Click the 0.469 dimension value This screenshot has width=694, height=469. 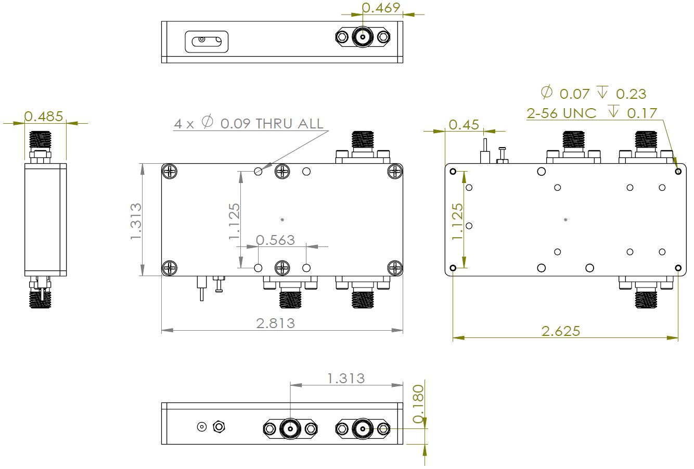[x=381, y=8]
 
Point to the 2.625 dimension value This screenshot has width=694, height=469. [x=560, y=331]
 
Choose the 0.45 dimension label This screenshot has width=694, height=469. [x=463, y=125]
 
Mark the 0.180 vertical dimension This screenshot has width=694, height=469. [x=418, y=404]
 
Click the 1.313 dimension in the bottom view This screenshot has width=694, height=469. [x=346, y=378]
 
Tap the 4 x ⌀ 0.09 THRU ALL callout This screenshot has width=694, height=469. [x=248, y=124]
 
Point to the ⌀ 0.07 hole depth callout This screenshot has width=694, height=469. [x=593, y=94]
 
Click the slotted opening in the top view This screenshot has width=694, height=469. [x=207, y=41]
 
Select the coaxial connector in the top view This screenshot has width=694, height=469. [x=362, y=37]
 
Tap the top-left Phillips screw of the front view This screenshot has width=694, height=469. [x=170, y=171]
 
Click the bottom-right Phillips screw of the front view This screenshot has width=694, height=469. [x=395, y=268]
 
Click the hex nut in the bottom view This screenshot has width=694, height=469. [x=219, y=427]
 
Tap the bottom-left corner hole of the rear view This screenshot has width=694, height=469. [x=453, y=268]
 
